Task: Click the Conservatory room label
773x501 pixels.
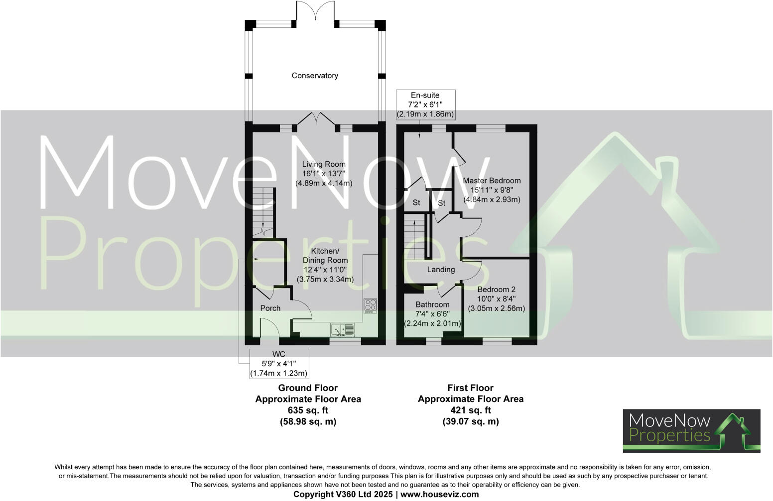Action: pyautogui.click(x=315, y=76)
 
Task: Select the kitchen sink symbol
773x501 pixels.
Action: pyautogui.click(x=343, y=329)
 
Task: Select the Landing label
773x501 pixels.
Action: pyautogui.click(x=441, y=270)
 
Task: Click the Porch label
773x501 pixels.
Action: pyautogui.click(x=270, y=308)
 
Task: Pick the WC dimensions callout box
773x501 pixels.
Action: pyautogui.click(x=279, y=364)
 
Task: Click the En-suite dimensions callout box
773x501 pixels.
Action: pyautogui.click(x=425, y=104)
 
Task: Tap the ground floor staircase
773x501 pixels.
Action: pyautogui.click(x=263, y=211)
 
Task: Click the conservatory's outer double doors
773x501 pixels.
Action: pyautogui.click(x=315, y=11)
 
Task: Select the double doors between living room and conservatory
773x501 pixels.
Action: pyautogui.click(x=315, y=119)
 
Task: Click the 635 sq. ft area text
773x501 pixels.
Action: pyautogui.click(x=308, y=410)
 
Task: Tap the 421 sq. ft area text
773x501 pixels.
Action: pyautogui.click(x=470, y=410)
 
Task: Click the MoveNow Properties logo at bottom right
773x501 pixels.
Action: pyautogui.click(x=691, y=431)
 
